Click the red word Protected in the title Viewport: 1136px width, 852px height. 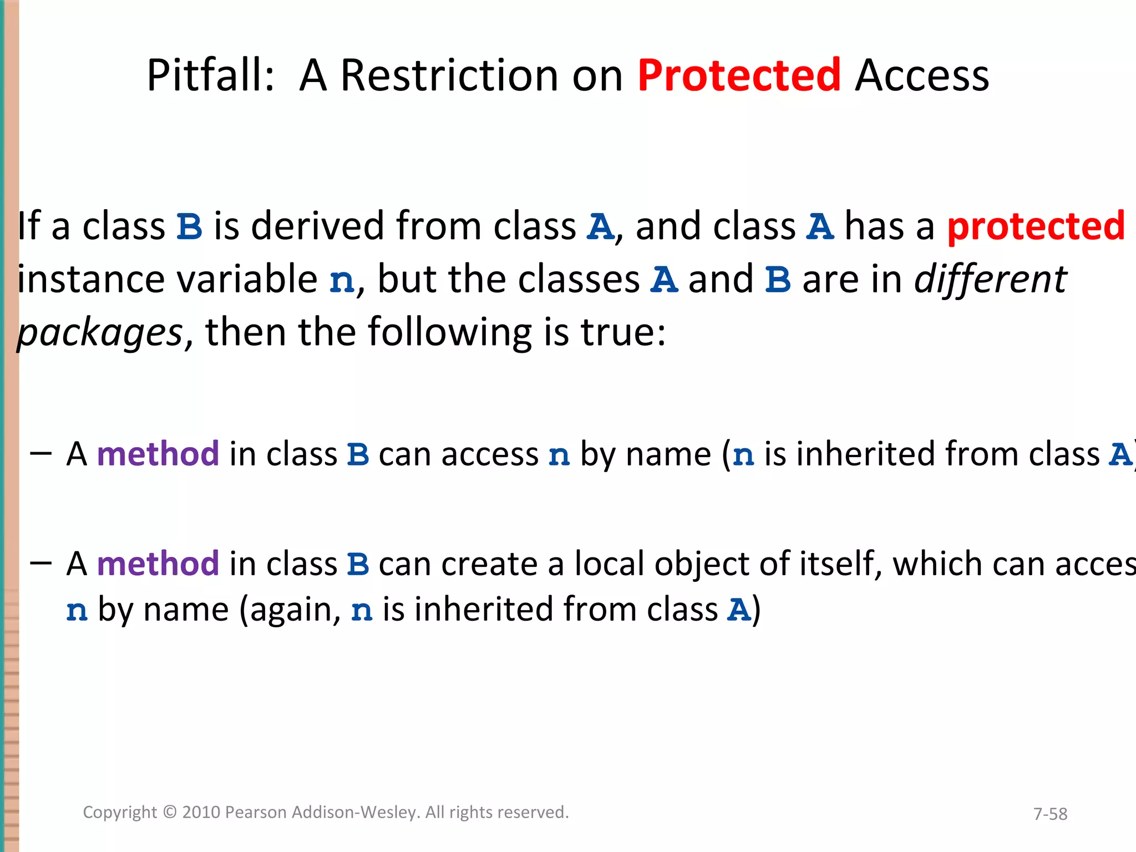[739, 75]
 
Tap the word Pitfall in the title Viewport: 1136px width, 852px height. [210, 75]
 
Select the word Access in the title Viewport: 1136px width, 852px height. [922, 75]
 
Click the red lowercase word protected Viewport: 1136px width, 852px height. [1036, 226]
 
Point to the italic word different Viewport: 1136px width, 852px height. [990, 279]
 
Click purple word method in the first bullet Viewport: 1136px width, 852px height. [158, 454]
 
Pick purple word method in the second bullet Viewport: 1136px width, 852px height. [158, 564]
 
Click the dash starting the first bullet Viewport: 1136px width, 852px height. [41, 454]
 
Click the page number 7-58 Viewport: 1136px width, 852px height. [1050, 814]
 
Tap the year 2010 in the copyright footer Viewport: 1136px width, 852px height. [201, 812]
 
